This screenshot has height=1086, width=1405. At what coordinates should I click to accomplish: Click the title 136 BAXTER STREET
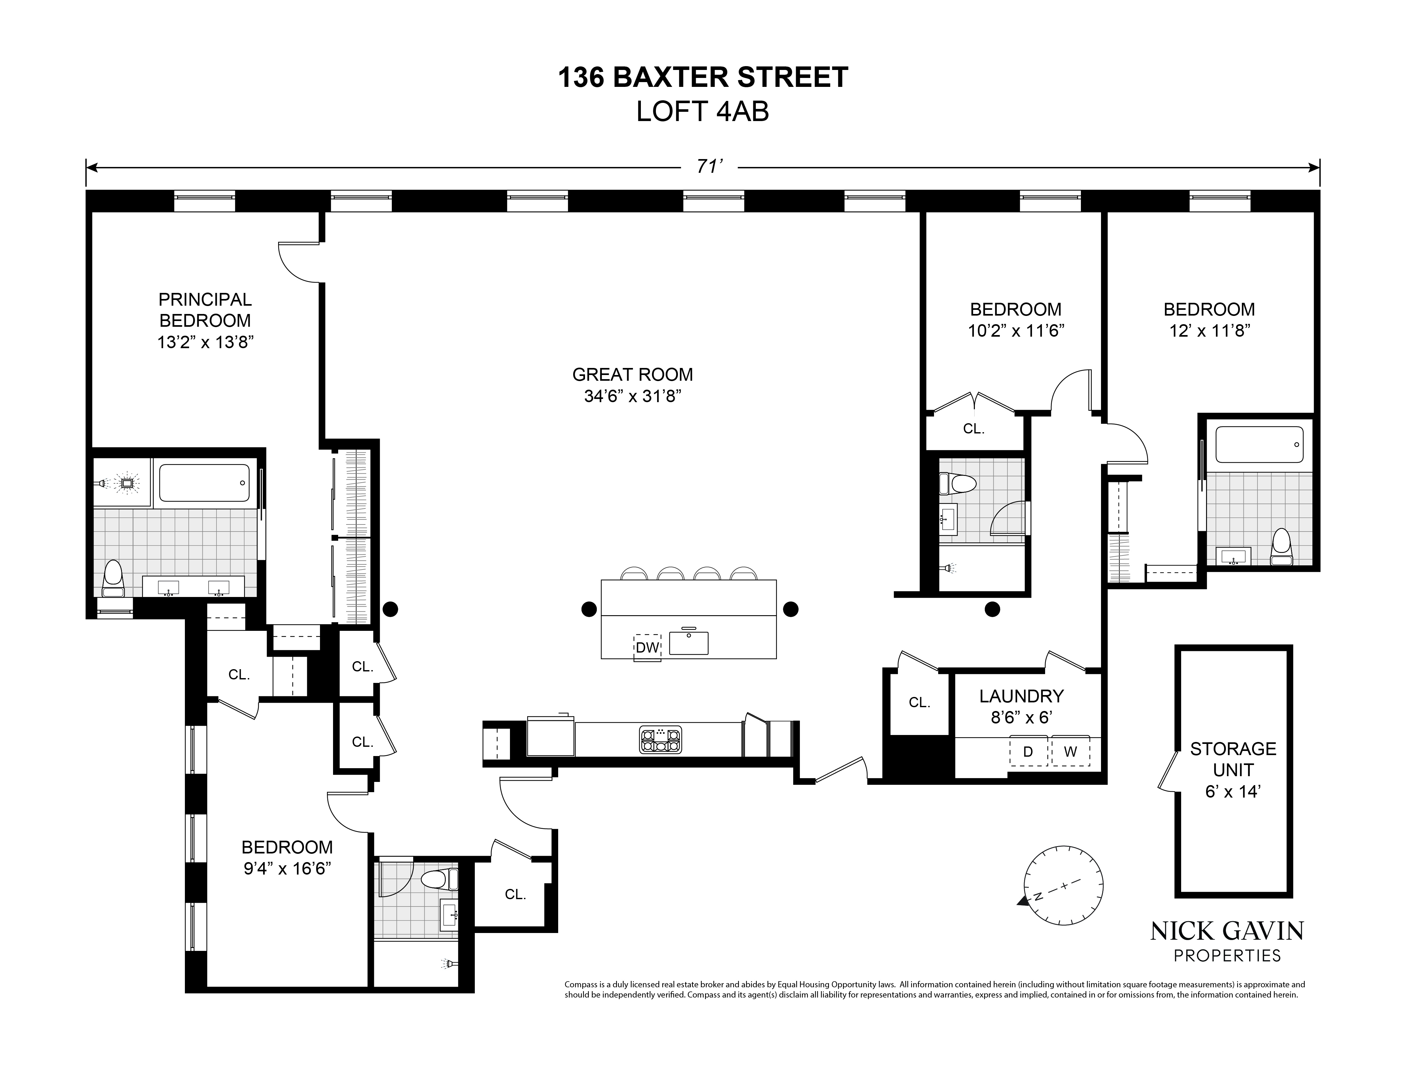[702, 78]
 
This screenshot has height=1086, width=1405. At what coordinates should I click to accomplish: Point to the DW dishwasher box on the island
[647, 647]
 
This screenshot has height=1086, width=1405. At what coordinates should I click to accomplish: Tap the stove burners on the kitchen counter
[660, 740]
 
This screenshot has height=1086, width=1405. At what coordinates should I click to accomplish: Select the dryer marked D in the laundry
[1028, 752]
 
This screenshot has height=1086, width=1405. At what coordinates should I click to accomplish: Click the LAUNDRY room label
[1021, 696]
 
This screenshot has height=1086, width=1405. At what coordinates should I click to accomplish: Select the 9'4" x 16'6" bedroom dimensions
[287, 868]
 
